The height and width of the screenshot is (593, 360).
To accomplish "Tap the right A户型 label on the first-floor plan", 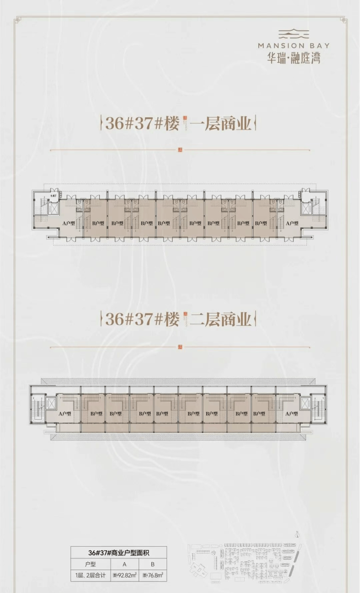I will tap(292, 223).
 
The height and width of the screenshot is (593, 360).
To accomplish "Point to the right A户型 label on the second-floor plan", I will tap(291, 413).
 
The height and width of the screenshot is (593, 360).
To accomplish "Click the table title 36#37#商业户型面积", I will tap(119, 553).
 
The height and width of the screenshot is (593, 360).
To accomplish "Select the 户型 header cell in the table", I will tap(90, 564).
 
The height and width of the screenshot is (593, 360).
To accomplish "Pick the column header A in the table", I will tap(125, 564).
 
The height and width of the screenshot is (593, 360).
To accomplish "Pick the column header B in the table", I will tap(153, 564).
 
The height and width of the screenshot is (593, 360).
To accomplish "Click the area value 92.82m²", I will tap(125, 575).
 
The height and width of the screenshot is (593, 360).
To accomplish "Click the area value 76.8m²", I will tap(153, 575).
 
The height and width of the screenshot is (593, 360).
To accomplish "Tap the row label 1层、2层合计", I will tap(90, 575).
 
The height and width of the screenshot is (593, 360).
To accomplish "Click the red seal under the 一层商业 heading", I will tap(180, 149).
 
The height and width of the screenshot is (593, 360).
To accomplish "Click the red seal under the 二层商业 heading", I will tap(180, 347).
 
